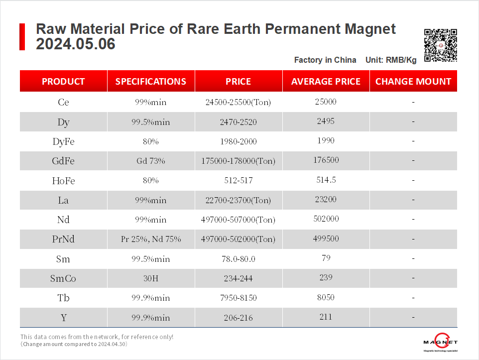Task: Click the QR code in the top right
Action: click(440, 45)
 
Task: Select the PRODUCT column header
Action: click(63, 82)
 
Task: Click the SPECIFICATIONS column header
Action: click(151, 82)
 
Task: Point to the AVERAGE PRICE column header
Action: click(326, 82)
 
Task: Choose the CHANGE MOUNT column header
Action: click(413, 82)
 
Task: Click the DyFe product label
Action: click(63, 141)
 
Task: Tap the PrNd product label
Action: click(63, 239)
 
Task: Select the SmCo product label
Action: click(63, 278)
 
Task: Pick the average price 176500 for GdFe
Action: click(326, 160)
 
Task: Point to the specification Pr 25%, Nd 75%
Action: click(151, 239)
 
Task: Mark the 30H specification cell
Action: click(151, 278)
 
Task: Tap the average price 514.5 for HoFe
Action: click(326, 180)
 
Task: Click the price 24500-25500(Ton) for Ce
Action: click(238, 102)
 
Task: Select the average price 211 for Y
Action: click(326, 317)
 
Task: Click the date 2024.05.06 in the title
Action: click(76, 44)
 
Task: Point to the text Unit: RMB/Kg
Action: click(391, 60)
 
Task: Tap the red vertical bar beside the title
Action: click(22, 36)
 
